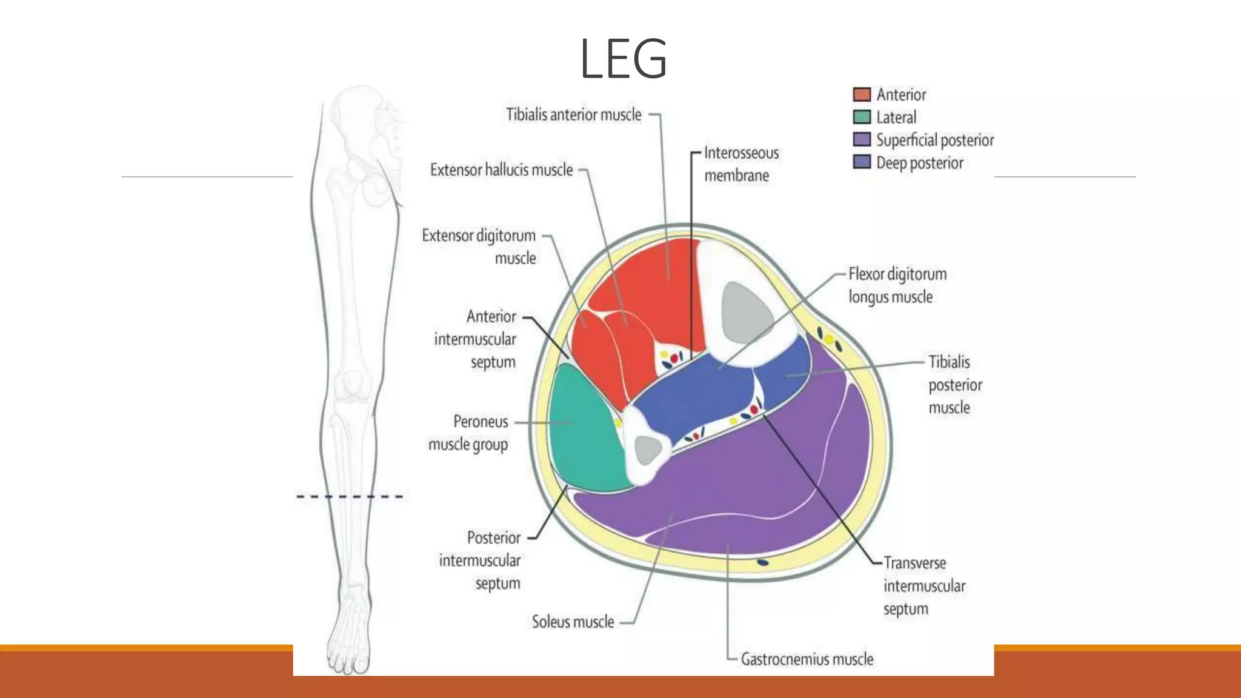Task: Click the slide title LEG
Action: coord(623,59)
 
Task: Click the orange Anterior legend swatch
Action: coord(861,95)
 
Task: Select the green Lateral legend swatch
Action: coord(861,117)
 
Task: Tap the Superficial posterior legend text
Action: coord(934,140)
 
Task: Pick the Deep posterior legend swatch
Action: coord(861,162)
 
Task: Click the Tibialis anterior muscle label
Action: coord(573,115)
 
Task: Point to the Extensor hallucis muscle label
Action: coord(501,170)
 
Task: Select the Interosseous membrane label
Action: coord(740,164)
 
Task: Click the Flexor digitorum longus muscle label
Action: coord(897,285)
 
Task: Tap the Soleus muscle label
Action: coord(573,622)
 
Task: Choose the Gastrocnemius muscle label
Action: coord(807,659)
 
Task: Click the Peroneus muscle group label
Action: coord(468,433)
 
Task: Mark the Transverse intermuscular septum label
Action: coord(923,586)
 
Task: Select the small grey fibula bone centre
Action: coord(647,450)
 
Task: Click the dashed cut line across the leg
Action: coord(350,497)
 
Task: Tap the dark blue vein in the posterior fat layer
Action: coord(763,562)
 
